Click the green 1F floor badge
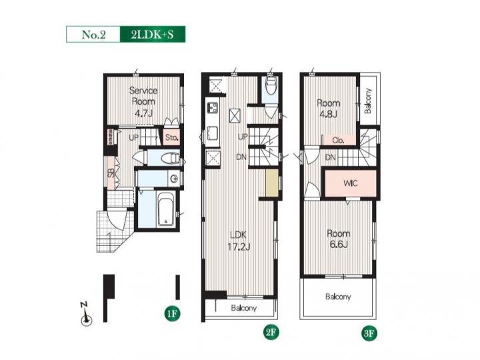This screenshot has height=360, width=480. [x=172, y=313]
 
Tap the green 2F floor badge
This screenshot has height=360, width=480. [x=271, y=332]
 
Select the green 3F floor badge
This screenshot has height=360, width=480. [x=369, y=333]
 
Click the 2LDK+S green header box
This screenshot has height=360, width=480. [x=153, y=34]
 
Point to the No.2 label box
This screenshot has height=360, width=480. [x=93, y=34]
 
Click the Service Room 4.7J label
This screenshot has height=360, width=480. [x=143, y=101]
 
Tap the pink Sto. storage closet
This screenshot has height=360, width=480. [x=171, y=137]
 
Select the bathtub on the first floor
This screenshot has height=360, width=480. [x=166, y=209]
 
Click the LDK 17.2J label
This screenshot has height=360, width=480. [x=239, y=241]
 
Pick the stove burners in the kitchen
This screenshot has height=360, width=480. [x=213, y=108]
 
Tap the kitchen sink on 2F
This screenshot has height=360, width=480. [x=213, y=133]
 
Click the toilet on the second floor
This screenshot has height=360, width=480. [x=271, y=85]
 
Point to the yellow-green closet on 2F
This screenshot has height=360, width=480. [x=272, y=183]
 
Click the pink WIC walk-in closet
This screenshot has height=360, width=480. [x=351, y=183]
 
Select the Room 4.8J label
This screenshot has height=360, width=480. [x=328, y=109]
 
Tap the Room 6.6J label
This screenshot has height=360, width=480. [x=338, y=239]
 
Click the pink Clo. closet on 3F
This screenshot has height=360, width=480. [x=339, y=140]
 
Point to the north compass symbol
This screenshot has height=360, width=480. [x=86, y=315]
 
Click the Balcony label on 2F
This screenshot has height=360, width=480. [x=244, y=308]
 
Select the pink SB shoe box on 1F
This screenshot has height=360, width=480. [x=111, y=173]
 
